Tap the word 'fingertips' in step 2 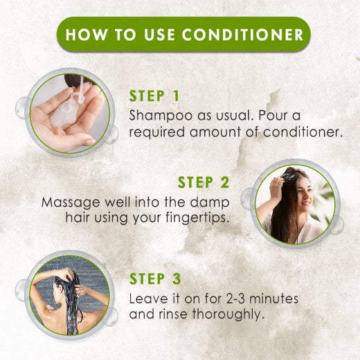203,217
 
